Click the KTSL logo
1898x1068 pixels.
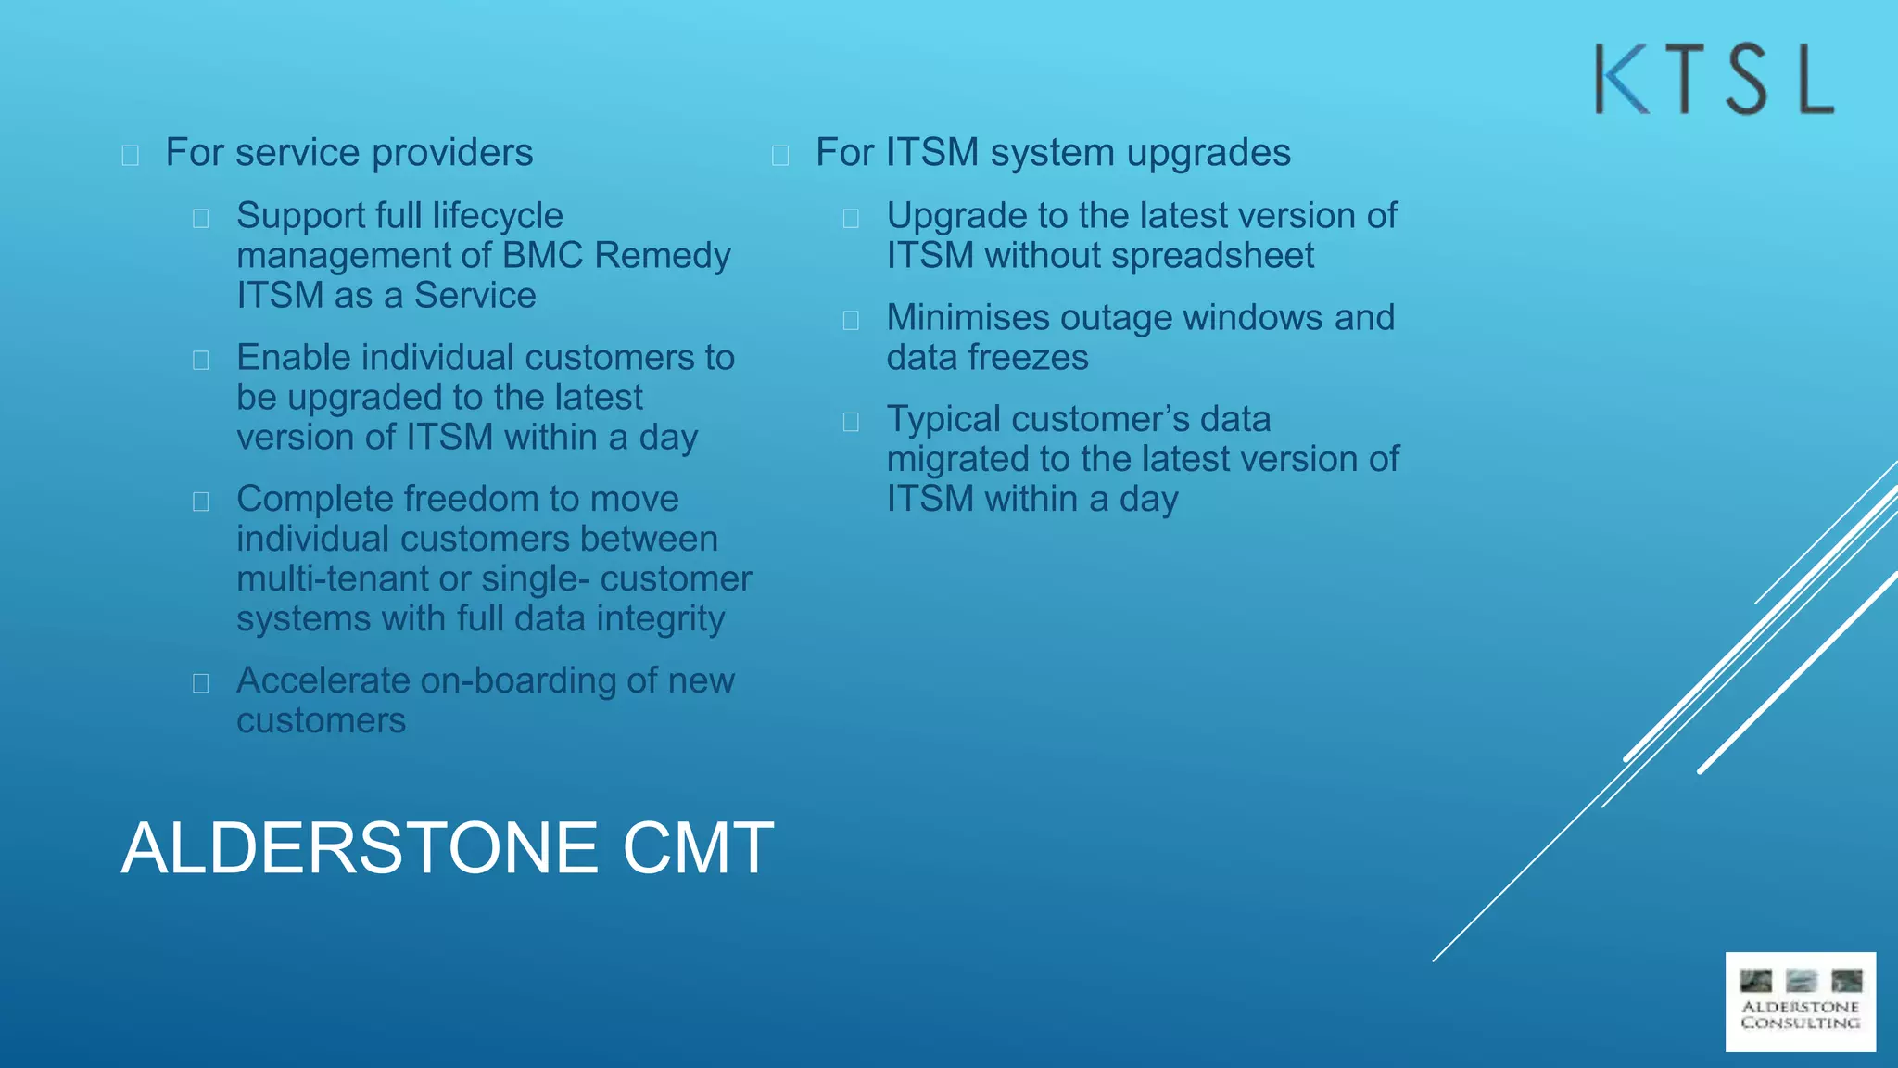(1714, 80)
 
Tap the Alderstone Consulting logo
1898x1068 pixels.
(1800, 1002)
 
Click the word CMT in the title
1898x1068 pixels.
(698, 847)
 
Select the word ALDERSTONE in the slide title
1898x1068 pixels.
(360, 847)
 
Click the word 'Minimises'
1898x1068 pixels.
(968, 318)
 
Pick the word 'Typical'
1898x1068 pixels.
(943, 420)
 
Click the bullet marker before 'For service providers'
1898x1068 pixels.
(131, 155)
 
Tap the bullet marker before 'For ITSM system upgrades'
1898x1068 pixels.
(780, 155)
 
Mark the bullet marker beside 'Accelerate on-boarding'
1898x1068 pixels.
(201, 684)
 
